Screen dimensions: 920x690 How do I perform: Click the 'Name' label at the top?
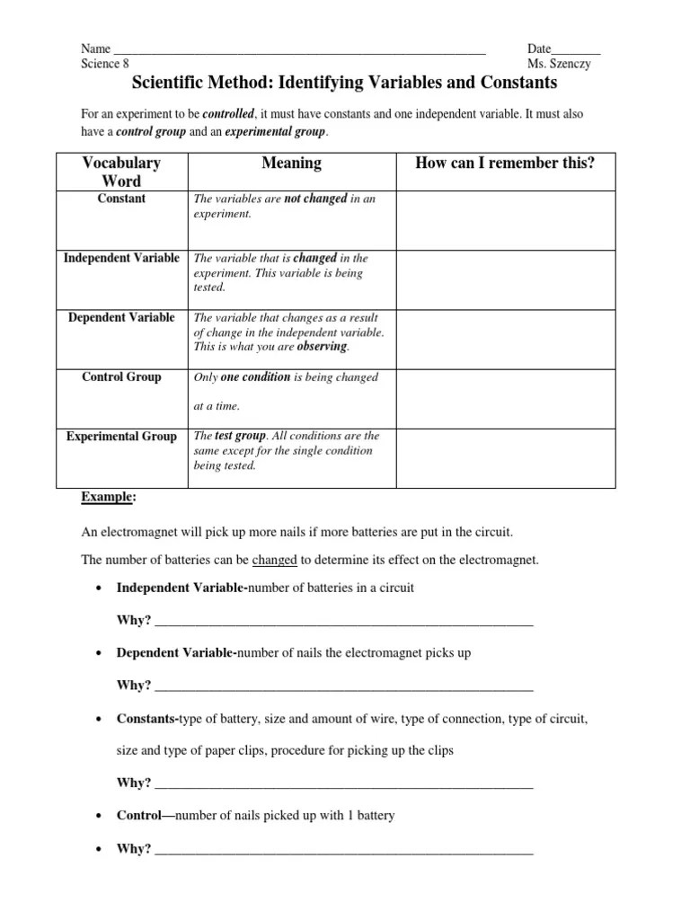(95, 49)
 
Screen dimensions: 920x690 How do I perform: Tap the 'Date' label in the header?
(539, 49)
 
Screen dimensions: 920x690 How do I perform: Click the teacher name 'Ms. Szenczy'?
(560, 64)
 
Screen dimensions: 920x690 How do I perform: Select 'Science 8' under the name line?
(105, 64)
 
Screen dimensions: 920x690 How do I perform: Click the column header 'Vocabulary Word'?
(121, 172)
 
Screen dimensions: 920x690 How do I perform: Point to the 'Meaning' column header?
(291, 163)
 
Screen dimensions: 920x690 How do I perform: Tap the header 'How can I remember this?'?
(505, 163)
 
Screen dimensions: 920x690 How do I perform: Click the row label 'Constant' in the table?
(121, 199)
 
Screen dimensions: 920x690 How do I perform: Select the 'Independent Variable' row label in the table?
(121, 258)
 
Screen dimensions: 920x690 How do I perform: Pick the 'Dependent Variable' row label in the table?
(121, 317)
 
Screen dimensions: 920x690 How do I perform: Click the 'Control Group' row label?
(121, 376)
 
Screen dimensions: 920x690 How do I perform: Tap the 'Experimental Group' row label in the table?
(121, 437)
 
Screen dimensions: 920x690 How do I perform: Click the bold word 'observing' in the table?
(321, 347)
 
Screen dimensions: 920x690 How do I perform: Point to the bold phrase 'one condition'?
(255, 377)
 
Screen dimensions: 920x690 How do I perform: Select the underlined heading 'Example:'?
(109, 497)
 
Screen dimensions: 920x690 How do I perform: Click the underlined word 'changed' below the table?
(274, 560)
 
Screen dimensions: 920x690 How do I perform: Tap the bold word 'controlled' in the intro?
(229, 115)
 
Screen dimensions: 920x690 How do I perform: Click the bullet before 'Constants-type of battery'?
(97, 720)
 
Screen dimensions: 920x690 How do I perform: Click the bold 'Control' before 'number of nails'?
(138, 816)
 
